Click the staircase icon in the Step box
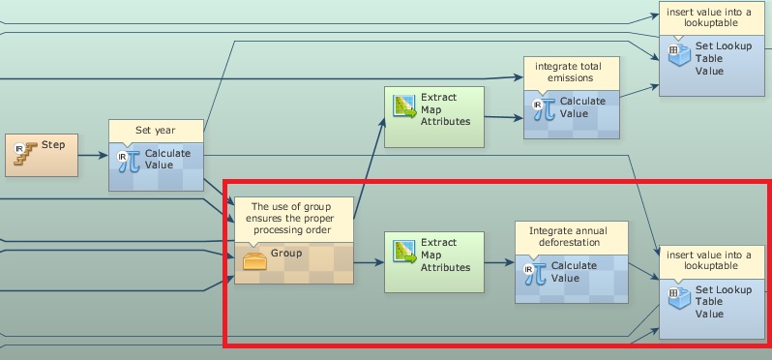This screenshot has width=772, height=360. (x=25, y=153)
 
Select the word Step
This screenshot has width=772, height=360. (x=53, y=145)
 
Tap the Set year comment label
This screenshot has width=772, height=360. (x=156, y=131)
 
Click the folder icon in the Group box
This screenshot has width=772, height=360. (x=254, y=261)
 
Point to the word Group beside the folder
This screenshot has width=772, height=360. (x=286, y=254)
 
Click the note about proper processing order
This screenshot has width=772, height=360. (x=290, y=218)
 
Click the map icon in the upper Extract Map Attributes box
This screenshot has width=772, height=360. (x=404, y=106)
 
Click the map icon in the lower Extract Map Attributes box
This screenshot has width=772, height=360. (x=404, y=252)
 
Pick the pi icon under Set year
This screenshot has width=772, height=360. (x=129, y=162)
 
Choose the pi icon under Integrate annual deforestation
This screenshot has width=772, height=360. (x=535, y=274)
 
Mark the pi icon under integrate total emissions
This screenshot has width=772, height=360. (x=544, y=109)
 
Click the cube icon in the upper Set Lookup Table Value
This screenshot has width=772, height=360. (x=679, y=55)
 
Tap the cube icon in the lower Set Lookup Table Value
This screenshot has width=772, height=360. (x=679, y=298)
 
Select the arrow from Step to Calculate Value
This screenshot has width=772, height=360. (x=93, y=156)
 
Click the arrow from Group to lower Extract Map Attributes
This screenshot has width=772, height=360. (x=369, y=262)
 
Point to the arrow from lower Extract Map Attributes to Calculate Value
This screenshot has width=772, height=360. (x=499, y=262)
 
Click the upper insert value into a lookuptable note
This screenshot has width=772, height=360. (x=709, y=17)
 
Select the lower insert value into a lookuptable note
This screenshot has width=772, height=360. (x=709, y=260)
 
